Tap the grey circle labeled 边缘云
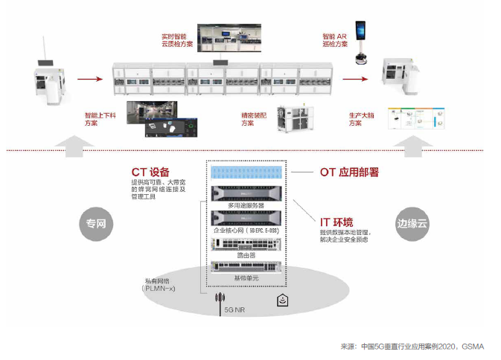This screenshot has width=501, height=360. [412, 222]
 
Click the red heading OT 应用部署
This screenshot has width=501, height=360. [349, 172]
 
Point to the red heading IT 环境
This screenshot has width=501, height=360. [336, 222]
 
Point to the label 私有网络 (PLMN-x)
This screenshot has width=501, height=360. [158, 286]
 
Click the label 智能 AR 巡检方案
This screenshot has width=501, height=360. [335, 40]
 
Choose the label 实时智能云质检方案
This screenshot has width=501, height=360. [176, 40]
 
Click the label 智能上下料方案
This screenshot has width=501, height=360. [100, 119]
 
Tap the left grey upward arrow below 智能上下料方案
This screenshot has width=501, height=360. [70, 144]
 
